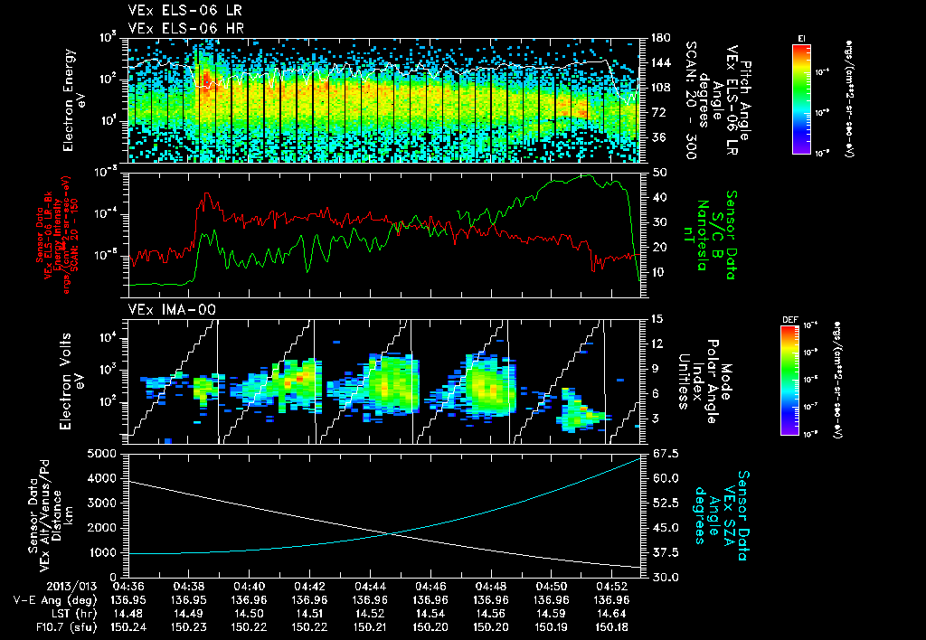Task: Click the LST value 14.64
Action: [x=611, y=613]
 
